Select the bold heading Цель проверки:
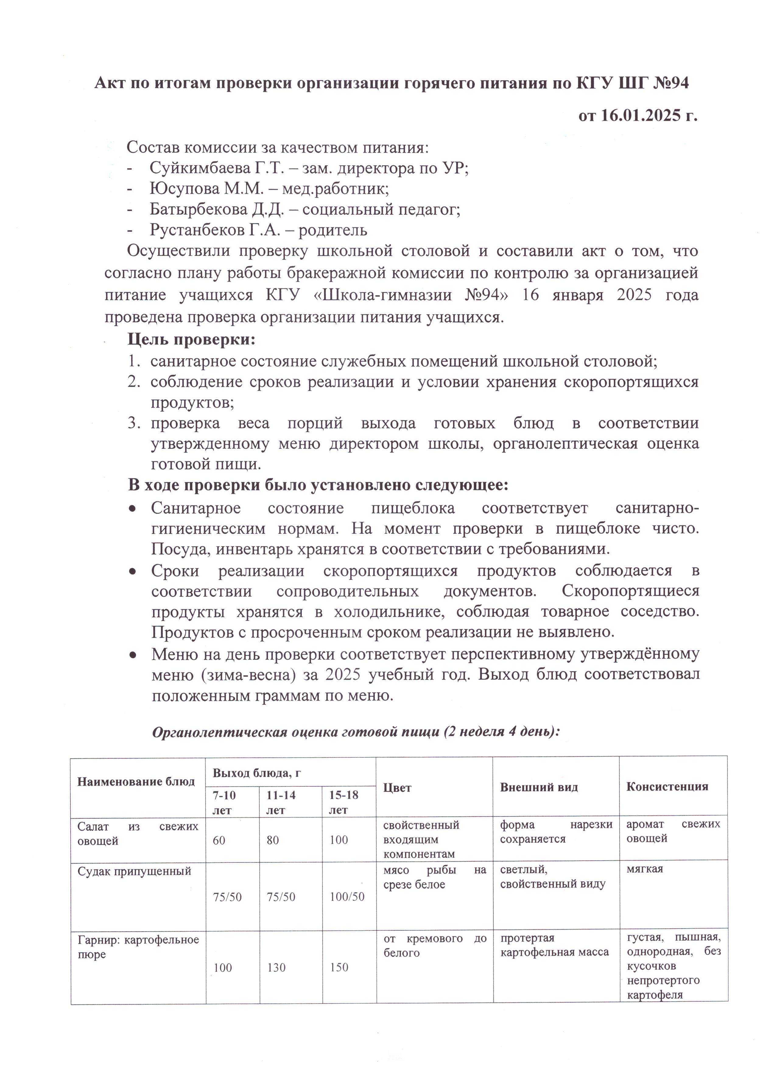pos(191,339)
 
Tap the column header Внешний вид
pos(539,787)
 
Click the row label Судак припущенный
pos(134,871)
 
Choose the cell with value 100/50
pos(347,897)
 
